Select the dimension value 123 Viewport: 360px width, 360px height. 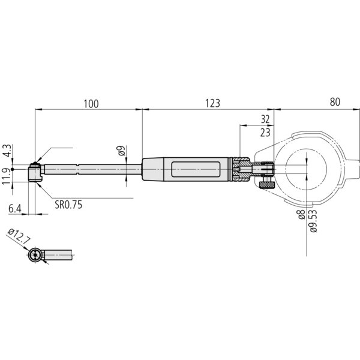[x=212, y=103]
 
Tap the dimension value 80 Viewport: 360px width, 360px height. [x=334, y=103]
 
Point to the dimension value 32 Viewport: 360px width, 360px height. [x=265, y=119]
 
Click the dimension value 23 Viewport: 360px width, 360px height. [x=265, y=131]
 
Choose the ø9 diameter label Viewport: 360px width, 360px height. [x=121, y=152]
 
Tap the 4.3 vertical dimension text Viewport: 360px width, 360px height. [x=6, y=150]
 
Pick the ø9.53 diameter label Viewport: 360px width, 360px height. [x=313, y=222]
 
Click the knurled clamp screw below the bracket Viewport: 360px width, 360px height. [x=266, y=188]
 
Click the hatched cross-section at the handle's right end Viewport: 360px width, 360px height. [x=241, y=170]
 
